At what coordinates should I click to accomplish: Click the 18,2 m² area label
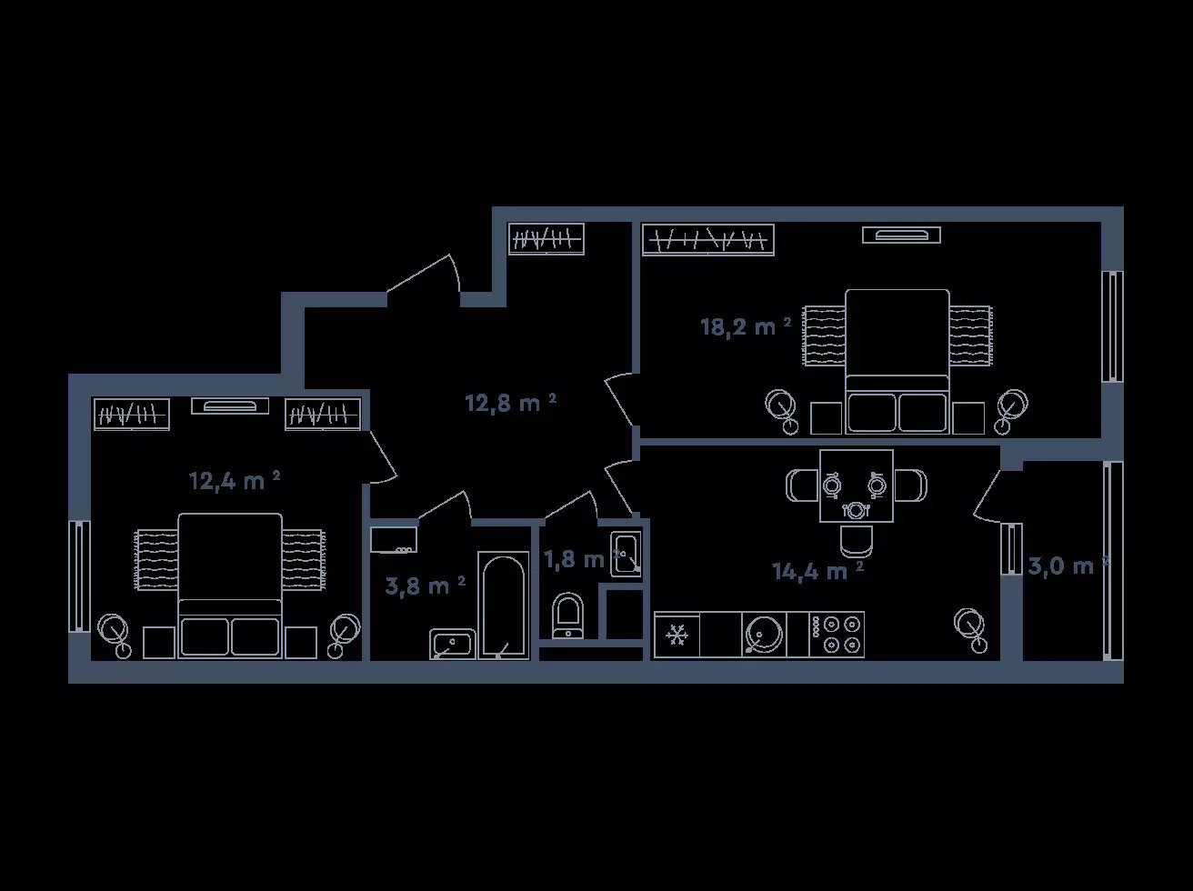pyautogui.click(x=746, y=326)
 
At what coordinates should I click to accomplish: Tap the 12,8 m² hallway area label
pyautogui.click(x=510, y=403)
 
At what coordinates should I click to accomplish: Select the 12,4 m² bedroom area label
pyautogui.click(x=235, y=481)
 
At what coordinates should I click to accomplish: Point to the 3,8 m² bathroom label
pyautogui.click(x=425, y=586)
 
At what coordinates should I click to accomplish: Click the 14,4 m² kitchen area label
pyautogui.click(x=817, y=571)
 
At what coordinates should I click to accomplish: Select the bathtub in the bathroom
pyautogui.click(x=503, y=606)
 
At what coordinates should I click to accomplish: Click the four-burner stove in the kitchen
pyautogui.click(x=837, y=635)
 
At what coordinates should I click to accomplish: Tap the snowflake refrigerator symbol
pyautogui.click(x=677, y=635)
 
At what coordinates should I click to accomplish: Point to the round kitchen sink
pyautogui.click(x=764, y=635)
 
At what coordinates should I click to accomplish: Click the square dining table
pyautogui.click(x=856, y=486)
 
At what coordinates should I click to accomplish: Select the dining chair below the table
pyautogui.click(x=856, y=541)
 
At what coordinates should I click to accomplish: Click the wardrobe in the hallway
pyautogui.click(x=546, y=238)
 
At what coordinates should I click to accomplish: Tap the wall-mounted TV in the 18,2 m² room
pyautogui.click(x=902, y=235)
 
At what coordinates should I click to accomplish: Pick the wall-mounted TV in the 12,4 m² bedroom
pyautogui.click(x=230, y=405)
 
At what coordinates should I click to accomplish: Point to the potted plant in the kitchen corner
pyautogui.click(x=971, y=630)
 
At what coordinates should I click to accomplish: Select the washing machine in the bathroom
pyautogui.click(x=394, y=539)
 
